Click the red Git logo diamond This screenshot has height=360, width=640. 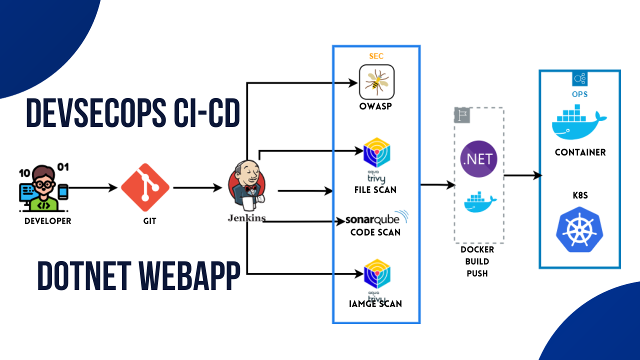[145, 187]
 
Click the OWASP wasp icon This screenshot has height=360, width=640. [376, 82]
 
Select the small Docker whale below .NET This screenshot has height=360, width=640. [478, 202]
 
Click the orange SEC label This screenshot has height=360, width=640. [376, 56]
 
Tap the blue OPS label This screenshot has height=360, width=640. [580, 94]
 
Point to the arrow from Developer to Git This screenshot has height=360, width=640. [93, 188]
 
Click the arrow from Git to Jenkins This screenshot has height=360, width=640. [197, 188]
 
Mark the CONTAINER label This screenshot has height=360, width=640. [580, 152]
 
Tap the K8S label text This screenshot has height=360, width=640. [580, 195]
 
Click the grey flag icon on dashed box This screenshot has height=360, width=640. [459, 114]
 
